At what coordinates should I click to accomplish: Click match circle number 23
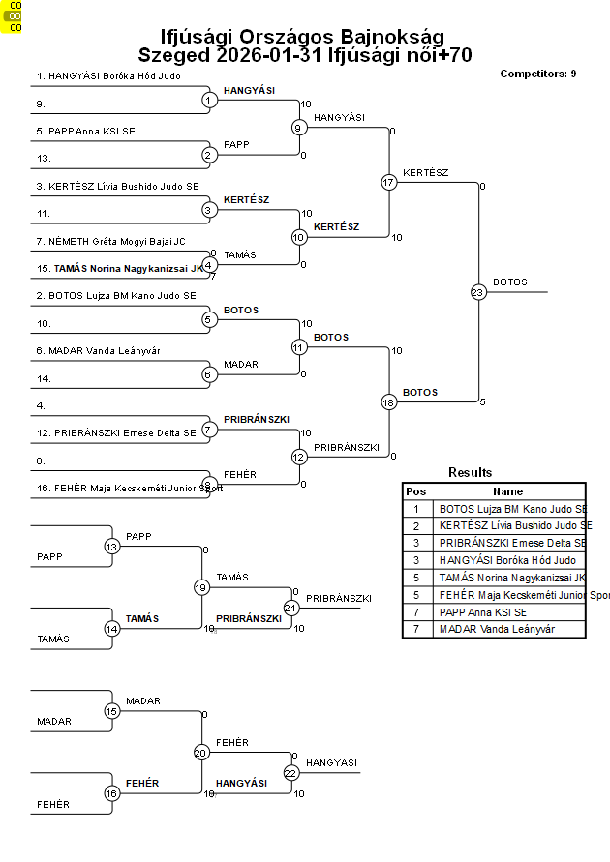pos(477,292)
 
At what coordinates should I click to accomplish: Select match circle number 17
pos(389,182)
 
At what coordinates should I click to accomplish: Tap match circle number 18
pos(389,402)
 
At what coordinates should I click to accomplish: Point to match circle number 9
pos(299,127)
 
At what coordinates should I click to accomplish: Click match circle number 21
pos(290,608)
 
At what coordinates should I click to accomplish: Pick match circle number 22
pos(290,772)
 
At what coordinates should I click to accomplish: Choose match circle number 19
pos(201,587)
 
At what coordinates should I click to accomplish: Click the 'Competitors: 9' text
pos(538,74)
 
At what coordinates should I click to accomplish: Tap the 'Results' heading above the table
pos(471,472)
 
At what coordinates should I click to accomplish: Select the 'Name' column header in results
pos(507,491)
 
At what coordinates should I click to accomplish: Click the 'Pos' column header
pos(416,491)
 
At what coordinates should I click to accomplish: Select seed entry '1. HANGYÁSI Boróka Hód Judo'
pos(108,75)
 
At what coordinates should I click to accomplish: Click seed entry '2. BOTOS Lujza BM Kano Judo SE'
pos(116,296)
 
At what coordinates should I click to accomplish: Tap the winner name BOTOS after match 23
pos(510,282)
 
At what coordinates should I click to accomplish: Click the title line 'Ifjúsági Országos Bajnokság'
pos(302,36)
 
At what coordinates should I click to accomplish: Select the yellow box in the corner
pos(15,16)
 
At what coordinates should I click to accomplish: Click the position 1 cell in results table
pos(416,508)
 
